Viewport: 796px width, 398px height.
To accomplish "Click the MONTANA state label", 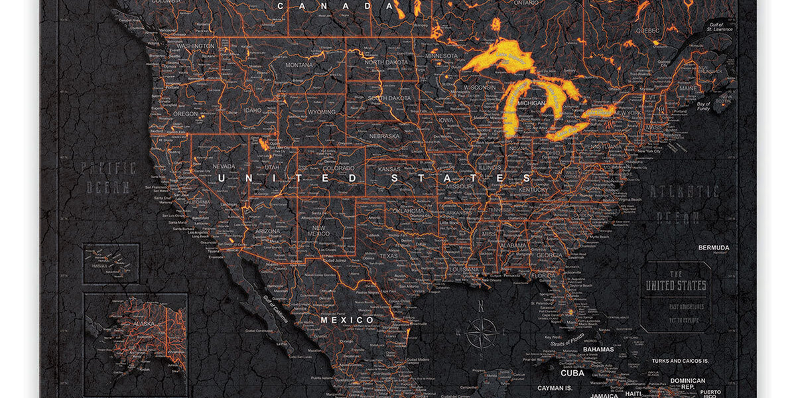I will tap(299, 65).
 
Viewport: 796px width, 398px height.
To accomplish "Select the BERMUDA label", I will tap(713, 247).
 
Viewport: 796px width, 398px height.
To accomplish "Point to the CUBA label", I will tap(572, 373).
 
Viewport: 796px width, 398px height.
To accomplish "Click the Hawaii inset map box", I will tap(111, 263).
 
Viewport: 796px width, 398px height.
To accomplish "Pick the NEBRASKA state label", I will tap(385, 136).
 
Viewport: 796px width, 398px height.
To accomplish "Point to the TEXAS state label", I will tap(389, 256).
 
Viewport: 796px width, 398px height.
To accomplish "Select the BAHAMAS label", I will tap(598, 349).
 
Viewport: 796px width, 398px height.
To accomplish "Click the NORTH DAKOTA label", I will tap(387, 62).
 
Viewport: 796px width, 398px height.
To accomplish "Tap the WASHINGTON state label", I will tap(196, 46).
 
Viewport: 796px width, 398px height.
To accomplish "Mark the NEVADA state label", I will tap(224, 166).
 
